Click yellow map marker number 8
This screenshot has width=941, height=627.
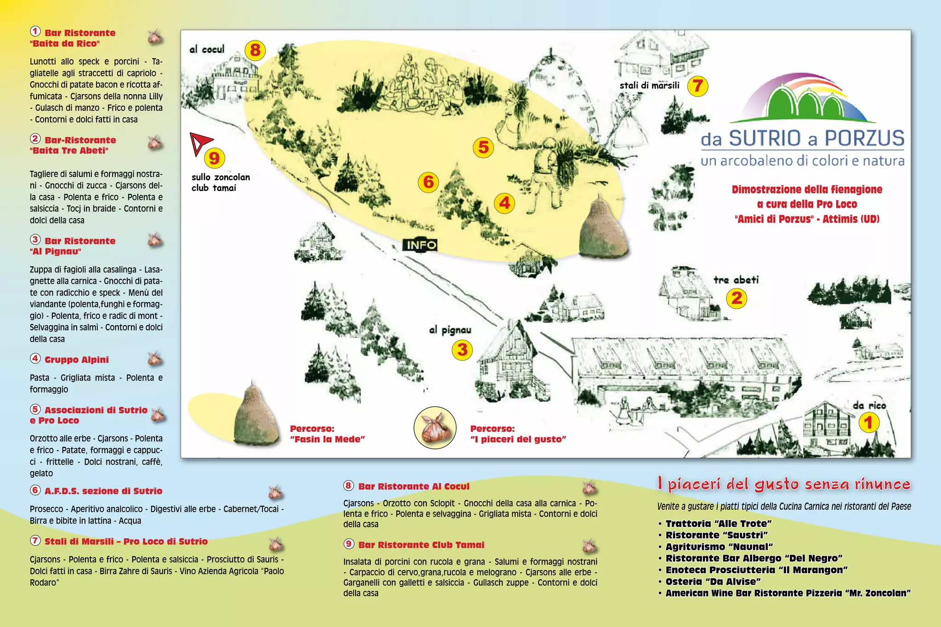[255, 50]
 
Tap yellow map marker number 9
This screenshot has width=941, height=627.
[214, 158]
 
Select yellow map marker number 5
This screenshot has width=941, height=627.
[483, 147]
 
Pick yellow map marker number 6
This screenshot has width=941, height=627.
[428, 182]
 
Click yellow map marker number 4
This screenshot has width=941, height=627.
[505, 203]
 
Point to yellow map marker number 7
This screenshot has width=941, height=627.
[697, 86]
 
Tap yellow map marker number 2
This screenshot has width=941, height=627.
[737, 299]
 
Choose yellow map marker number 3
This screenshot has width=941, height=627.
[462, 350]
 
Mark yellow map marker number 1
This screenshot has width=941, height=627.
[868, 423]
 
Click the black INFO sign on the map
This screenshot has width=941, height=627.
[420, 245]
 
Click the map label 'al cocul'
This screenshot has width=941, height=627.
[207, 49]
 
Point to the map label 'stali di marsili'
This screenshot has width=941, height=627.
[649, 85]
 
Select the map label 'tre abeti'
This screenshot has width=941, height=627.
[736, 280]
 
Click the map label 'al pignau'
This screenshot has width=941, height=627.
[450, 330]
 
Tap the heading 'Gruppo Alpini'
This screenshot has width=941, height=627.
[77, 360]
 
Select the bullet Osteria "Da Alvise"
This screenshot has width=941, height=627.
[713, 582]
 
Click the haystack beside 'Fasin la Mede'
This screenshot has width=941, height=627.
[255, 416]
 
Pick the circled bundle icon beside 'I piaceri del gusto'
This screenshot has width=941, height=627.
[435, 428]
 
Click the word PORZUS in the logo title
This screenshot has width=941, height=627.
[864, 138]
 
